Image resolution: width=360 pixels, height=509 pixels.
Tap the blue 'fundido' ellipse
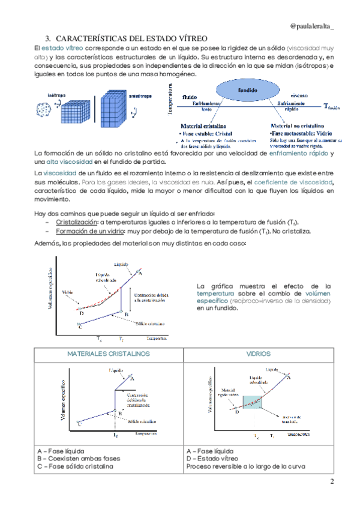pos(247,89)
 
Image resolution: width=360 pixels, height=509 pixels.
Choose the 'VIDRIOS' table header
pos(258,354)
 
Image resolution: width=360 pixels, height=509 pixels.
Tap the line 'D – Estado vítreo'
pos(213,459)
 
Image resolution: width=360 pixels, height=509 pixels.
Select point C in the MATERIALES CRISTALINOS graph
pos(80,422)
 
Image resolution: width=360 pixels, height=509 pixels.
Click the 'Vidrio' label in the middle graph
pos(68,292)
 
